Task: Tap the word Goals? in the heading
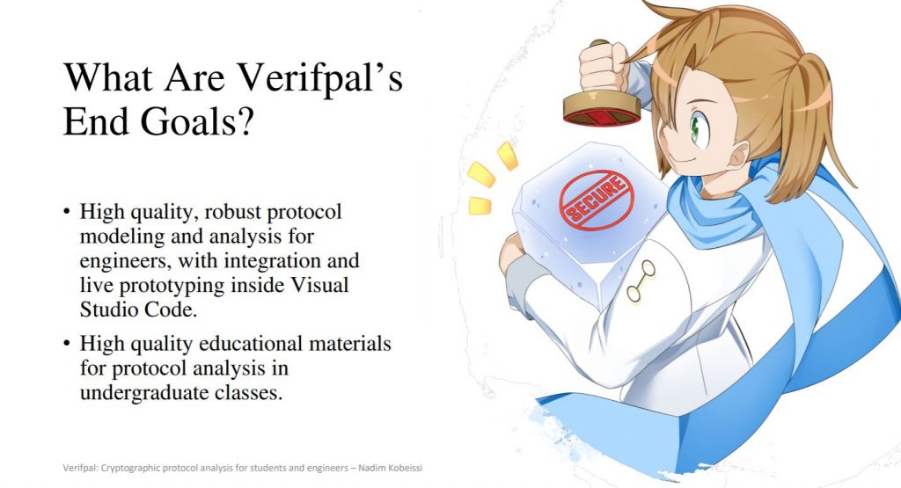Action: (196, 121)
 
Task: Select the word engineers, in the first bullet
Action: (125, 261)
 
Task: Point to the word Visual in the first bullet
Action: (320, 285)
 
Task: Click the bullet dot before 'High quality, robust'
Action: (67, 212)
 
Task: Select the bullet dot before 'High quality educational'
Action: (67, 344)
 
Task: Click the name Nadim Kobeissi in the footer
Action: (390, 468)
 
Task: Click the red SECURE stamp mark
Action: (596, 200)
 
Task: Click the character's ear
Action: (738, 154)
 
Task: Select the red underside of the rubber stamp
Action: (602, 117)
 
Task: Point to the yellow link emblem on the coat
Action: (641, 281)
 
